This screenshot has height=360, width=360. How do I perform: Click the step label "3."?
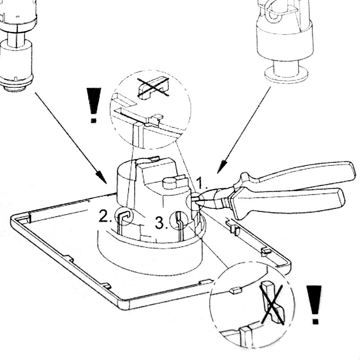click(x=160, y=221)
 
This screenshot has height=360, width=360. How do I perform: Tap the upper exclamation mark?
click(x=94, y=105)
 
